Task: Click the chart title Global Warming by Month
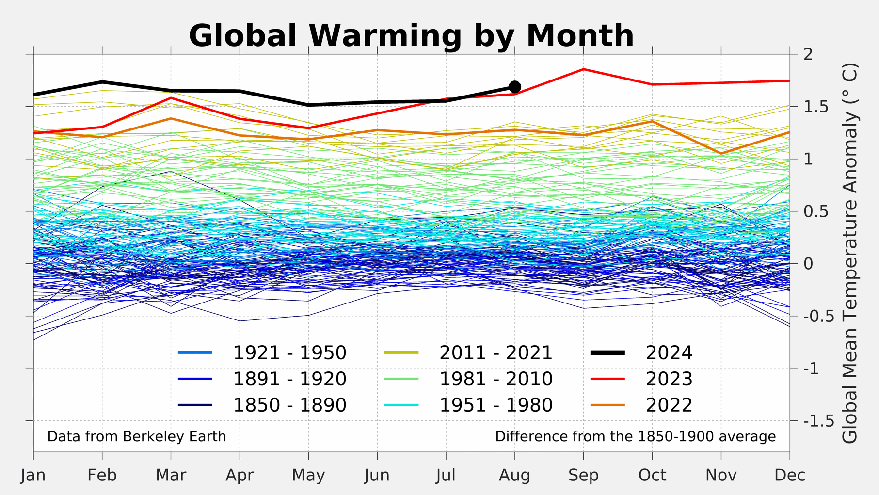[411, 36]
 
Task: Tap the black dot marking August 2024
[515, 87]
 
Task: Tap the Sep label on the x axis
[584, 475]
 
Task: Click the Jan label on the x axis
[33, 475]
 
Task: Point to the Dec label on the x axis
[790, 475]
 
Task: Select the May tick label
[308, 475]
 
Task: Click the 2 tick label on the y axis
[808, 54]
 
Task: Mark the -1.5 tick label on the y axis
[819, 421]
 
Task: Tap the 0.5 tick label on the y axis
[815, 211]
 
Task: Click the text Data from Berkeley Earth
[137, 436]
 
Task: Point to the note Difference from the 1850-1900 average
[635, 436]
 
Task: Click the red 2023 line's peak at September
[584, 70]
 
